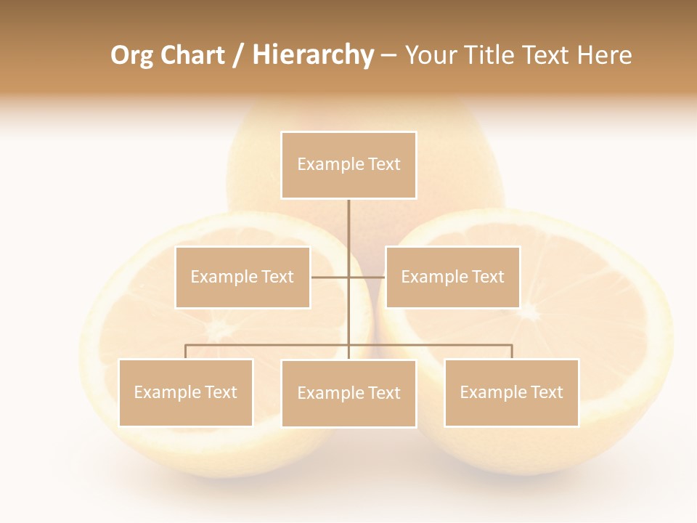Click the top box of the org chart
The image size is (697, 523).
(348, 165)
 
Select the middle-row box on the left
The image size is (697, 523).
(242, 277)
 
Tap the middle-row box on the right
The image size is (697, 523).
(452, 277)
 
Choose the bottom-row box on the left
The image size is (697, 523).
(186, 392)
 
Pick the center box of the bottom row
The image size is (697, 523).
(348, 393)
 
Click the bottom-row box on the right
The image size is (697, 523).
(511, 392)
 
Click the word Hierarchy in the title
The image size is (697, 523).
(313, 55)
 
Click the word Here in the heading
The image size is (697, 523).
(604, 55)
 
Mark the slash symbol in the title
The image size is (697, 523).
(238, 56)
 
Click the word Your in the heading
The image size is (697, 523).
(429, 55)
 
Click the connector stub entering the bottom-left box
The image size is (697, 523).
(186, 352)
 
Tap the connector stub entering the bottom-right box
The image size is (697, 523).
(511, 352)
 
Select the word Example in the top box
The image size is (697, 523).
(330, 165)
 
